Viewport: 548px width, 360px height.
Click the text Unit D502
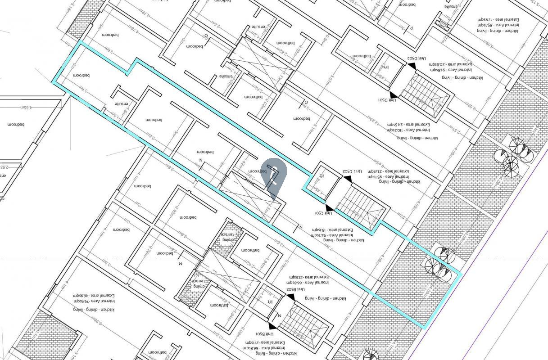[x=417, y=58]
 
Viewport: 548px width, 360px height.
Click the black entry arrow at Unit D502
[x=412, y=66]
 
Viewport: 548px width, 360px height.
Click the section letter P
[x=411, y=28]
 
